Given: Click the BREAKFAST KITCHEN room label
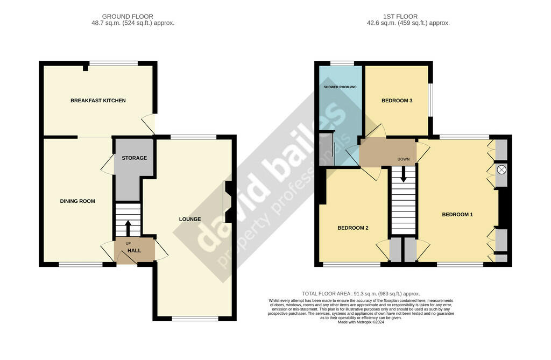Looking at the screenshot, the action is pos(98,101).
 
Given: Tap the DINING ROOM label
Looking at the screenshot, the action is pos(77,201).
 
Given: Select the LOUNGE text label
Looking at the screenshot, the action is pos(190,219).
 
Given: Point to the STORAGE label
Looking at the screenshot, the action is pos(134,158).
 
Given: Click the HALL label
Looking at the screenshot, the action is pos(134,250).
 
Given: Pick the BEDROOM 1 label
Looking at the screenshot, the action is pos(457,215).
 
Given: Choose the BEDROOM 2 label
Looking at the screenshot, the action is pos(353,228).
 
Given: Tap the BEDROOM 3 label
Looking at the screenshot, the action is pos(397,101).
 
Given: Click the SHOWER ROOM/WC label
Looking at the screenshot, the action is pos(340,87).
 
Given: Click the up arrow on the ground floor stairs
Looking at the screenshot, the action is pos(128,228).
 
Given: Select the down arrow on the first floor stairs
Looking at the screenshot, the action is pos(404,174).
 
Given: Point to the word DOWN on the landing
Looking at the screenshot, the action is pos(404,159).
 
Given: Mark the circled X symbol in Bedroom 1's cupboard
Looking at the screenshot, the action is pos(502,170).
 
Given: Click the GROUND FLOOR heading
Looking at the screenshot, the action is pos(128,17).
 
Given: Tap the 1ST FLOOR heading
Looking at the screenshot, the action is pos(400,17).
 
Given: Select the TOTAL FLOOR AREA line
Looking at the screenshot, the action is pos(361,294).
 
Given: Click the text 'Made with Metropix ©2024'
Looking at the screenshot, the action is pos(361,322).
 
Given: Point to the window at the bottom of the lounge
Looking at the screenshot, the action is pos(195,319).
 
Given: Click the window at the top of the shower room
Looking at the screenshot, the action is pos(342,63).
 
